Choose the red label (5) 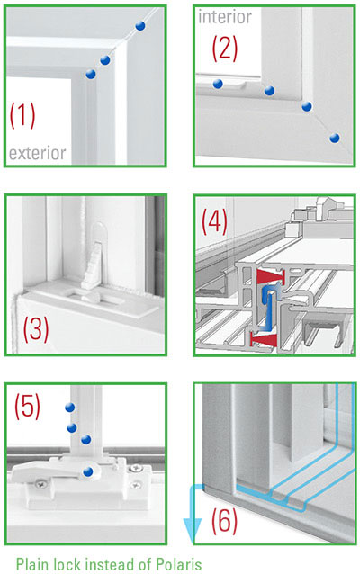[27, 407]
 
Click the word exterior [38, 154]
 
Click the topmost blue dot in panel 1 [139, 27]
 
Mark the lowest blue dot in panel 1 [89, 74]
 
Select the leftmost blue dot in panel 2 [218, 84]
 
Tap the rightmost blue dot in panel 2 [336, 138]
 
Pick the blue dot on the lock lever [87, 471]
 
